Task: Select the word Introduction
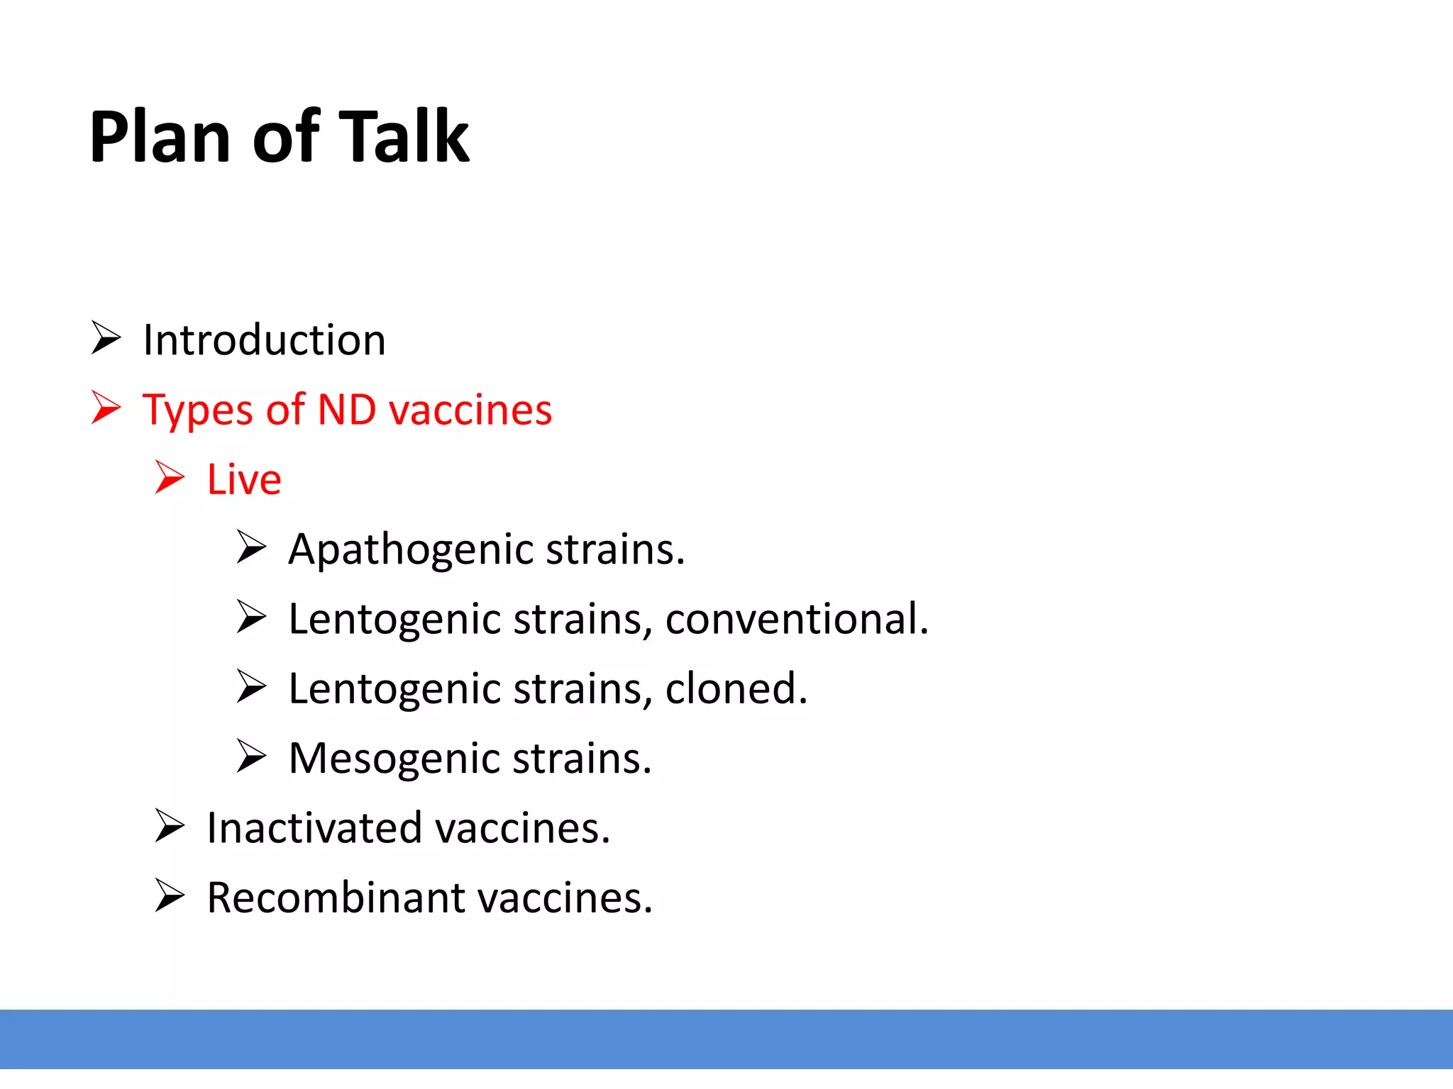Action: coord(264,340)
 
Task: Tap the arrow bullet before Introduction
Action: coord(106,337)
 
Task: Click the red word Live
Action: coord(244,479)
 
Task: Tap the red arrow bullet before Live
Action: coord(170,477)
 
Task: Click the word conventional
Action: coord(796,619)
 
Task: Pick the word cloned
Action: coord(735,688)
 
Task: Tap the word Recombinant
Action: coord(336,898)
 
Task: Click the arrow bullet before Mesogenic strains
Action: coord(251,756)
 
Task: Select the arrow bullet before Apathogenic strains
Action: coord(251,547)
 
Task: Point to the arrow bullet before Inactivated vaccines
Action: coord(170,826)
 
